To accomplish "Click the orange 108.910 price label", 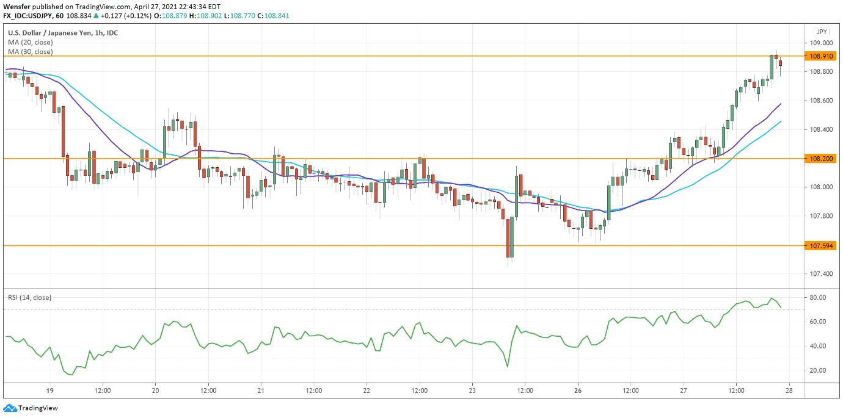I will tap(821, 56).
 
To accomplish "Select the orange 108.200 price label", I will tap(821, 159).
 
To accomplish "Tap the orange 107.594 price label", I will tap(821, 246).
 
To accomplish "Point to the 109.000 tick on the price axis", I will tap(821, 43).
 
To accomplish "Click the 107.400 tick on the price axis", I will tap(821, 274).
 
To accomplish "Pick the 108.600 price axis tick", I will tap(821, 101).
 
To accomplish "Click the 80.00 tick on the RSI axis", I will tap(818, 298).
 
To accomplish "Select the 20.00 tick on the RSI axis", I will tap(818, 370).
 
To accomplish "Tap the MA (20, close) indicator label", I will tap(31, 43).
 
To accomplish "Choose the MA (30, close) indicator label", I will tap(31, 52).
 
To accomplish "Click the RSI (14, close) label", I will tap(30, 298).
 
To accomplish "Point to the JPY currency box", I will tap(822, 32).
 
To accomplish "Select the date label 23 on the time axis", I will tap(472, 391).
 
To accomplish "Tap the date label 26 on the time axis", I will tap(578, 391).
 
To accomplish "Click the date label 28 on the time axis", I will tap(789, 391).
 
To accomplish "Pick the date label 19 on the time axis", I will tap(50, 391).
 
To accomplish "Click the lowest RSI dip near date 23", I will tap(508, 367).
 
